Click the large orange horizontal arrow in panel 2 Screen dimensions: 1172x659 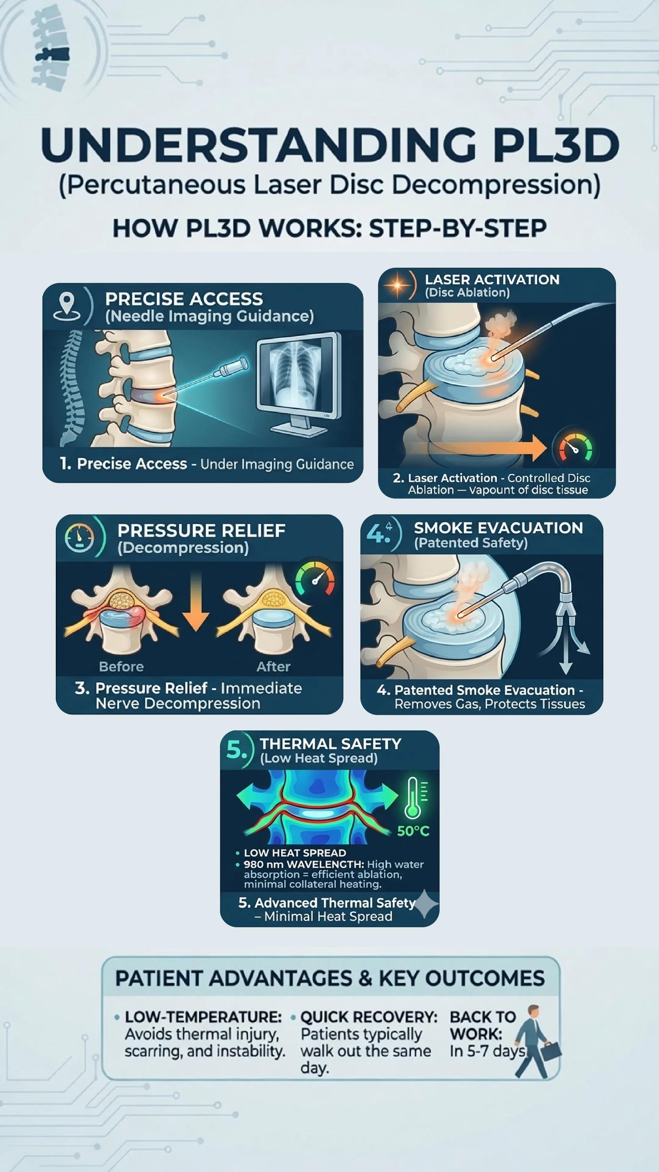pos(487,448)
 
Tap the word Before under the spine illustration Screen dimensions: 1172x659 pos(121,667)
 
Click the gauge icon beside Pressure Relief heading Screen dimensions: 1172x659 pos(79,538)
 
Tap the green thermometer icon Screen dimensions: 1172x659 pos(413,798)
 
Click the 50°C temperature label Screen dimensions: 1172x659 pos(413,831)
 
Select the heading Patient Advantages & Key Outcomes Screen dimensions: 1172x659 pos(330,978)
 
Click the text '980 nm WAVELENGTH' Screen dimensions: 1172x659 pos(303,864)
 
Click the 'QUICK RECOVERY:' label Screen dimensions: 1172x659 pos(369,1017)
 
